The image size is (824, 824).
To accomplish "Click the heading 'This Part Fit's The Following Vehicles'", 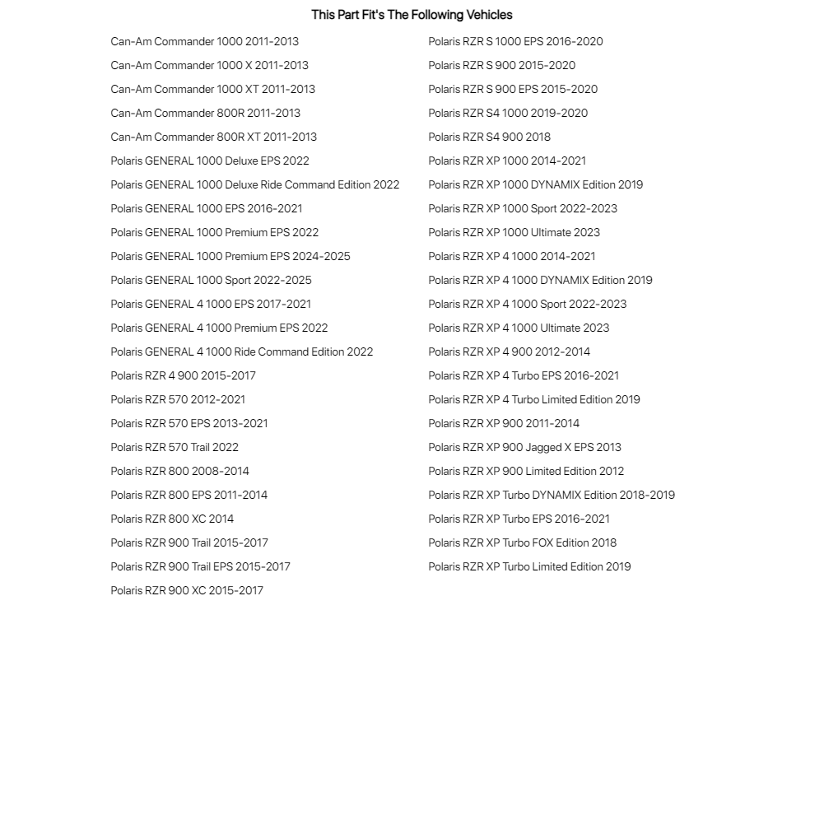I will (x=412, y=15).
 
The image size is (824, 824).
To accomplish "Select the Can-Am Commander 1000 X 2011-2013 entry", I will (x=209, y=65).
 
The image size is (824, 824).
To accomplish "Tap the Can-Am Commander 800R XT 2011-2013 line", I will (x=213, y=137).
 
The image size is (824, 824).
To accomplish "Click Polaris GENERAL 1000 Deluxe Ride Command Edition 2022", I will (x=254, y=184).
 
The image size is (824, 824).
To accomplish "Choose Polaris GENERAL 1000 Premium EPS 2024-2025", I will (x=230, y=256).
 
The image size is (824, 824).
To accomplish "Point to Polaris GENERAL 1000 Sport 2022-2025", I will (x=211, y=280).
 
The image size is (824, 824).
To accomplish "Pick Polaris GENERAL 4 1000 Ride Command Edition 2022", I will (x=241, y=351).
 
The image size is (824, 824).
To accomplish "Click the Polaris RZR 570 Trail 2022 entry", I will (x=175, y=447).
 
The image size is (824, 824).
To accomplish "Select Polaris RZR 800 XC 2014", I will (x=172, y=519).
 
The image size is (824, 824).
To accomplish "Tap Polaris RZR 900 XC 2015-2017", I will (x=187, y=590).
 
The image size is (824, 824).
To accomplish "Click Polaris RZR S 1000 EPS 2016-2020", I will (x=515, y=41).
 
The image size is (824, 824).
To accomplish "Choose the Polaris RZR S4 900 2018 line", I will (x=489, y=137).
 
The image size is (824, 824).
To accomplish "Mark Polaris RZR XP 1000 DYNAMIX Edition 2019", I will (x=535, y=184).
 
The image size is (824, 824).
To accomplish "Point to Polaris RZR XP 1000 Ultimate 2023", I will (x=514, y=232).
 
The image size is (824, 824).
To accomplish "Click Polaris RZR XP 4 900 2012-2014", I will (x=509, y=351).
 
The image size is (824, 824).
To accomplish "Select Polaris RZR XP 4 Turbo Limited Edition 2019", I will (x=533, y=399).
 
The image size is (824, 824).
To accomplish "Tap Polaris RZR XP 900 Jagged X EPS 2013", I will (x=524, y=447).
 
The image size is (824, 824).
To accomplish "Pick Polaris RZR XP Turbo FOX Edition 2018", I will (x=522, y=542).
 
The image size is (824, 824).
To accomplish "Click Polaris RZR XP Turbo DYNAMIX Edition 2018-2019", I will (x=551, y=495).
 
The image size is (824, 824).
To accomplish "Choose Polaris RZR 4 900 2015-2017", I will (x=183, y=375).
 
